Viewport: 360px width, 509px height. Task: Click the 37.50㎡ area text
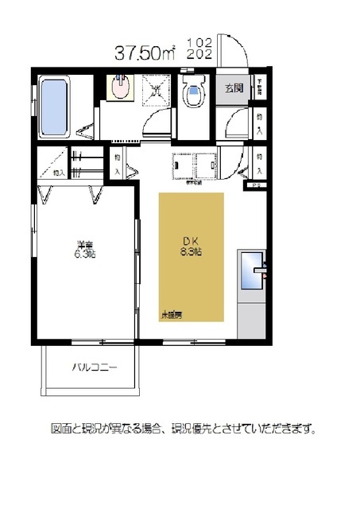pyautogui.click(x=145, y=53)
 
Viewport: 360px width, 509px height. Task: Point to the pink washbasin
pyautogui.click(x=120, y=88)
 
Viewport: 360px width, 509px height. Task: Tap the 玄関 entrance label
pyautogui.click(x=233, y=88)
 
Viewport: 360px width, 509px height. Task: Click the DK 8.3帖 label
pyautogui.click(x=190, y=246)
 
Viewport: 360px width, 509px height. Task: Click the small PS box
pyautogui.click(x=256, y=186)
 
